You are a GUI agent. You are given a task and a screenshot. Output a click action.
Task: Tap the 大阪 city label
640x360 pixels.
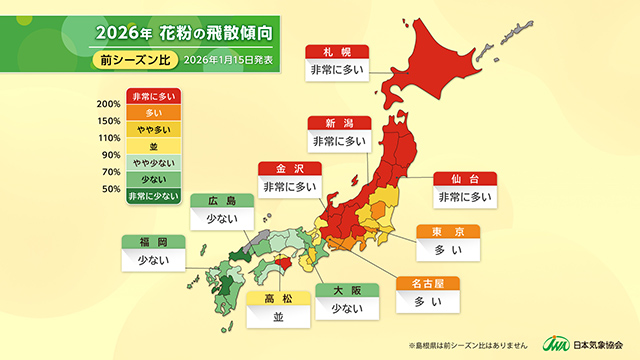click(x=347, y=291)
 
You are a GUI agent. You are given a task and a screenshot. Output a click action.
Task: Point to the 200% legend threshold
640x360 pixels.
click(x=109, y=105)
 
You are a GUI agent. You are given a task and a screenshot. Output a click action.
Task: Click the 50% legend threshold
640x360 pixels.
click(x=111, y=188)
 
